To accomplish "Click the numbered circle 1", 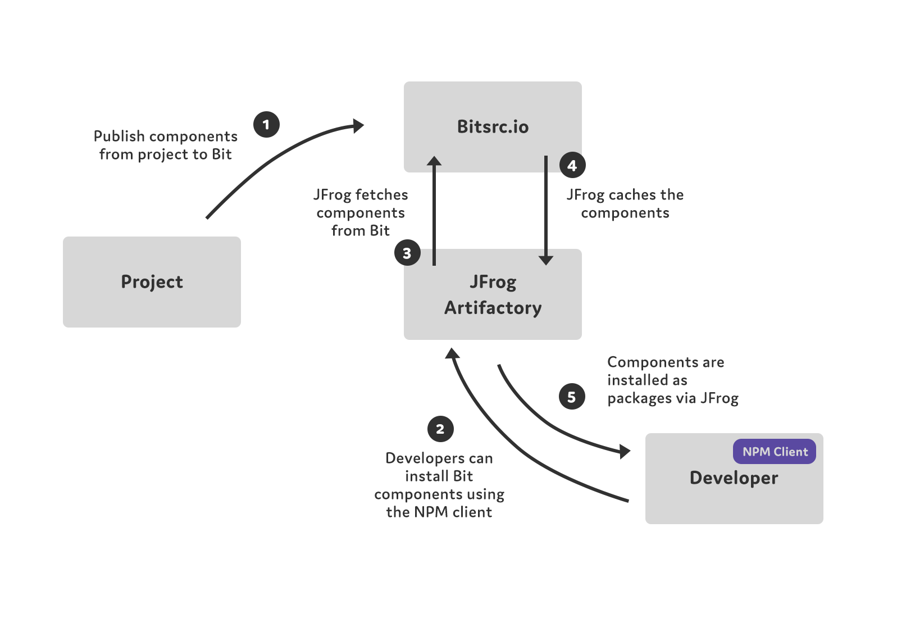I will click(266, 124).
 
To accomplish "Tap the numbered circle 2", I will click(440, 429).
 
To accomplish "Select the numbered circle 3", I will click(407, 253).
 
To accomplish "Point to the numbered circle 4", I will click(572, 165).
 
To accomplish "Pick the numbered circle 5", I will click(572, 397).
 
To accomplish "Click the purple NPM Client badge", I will click(774, 452).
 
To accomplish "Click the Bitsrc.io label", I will click(493, 127).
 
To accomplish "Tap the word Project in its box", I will click(152, 282).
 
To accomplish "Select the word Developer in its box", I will click(734, 478).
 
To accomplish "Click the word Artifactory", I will click(493, 308).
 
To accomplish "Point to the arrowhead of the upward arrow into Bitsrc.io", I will click(434, 161).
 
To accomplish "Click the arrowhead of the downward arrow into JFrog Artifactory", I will click(546, 260).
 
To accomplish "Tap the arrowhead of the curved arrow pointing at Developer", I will click(624, 451).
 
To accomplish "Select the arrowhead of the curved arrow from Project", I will click(358, 126).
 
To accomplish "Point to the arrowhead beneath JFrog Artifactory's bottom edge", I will click(452, 353).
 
